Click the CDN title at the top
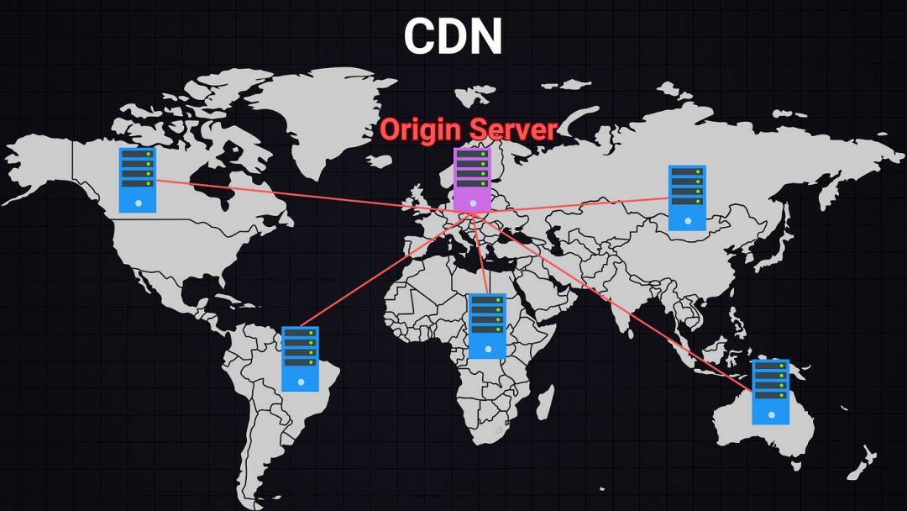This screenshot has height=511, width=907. click(453, 37)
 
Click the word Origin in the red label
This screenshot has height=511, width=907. click(421, 129)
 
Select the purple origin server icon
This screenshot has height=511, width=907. click(472, 180)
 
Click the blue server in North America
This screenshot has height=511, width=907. click(137, 180)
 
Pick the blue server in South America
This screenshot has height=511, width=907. click(300, 358)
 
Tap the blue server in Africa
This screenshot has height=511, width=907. click(487, 325)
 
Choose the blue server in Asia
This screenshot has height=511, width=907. click(687, 198)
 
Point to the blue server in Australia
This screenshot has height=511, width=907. click(770, 392)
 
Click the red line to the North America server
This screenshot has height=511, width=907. click(294, 195)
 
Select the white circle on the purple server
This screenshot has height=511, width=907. click(474, 203)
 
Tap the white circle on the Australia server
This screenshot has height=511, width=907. click(771, 414)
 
